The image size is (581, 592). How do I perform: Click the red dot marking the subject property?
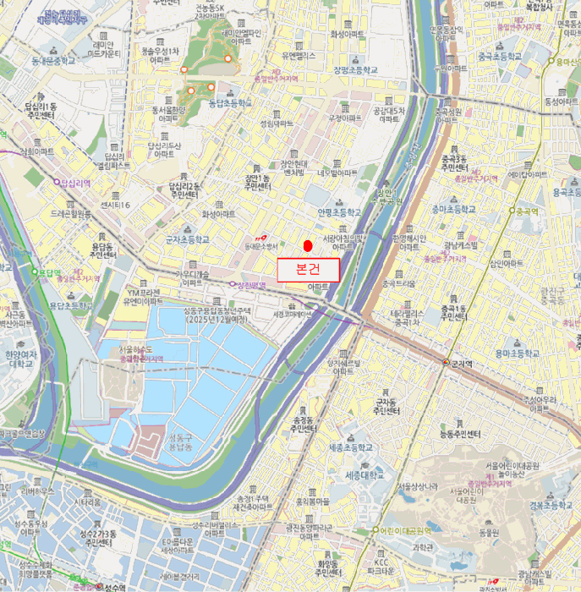tap(308, 246)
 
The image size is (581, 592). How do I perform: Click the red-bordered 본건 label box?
tap(308, 270)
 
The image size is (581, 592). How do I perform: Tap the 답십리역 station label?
tap(74, 182)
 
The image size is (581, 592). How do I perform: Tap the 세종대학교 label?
tap(365, 475)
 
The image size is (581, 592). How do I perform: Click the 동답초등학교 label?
tap(230, 103)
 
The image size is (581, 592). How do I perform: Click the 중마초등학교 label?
tap(453, 209)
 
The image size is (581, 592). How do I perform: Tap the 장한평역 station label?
tap(250, 285)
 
